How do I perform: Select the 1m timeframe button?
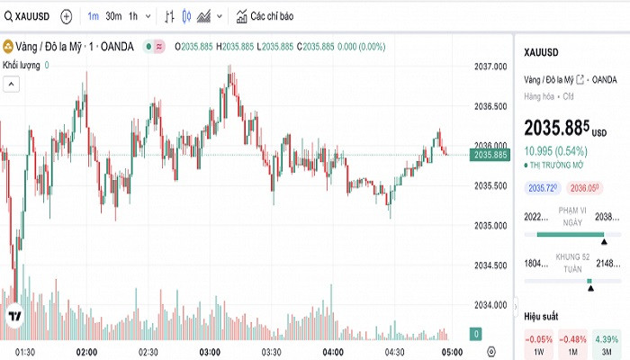coord(94,16)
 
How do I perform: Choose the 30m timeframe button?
coord(113,16)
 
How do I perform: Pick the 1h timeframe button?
coord(133,16)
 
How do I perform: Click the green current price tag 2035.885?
coord(490,155)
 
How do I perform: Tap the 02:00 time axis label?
coord(87,351)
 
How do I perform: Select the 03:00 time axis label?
coord(211,351)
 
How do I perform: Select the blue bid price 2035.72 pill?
coord(543,188)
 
